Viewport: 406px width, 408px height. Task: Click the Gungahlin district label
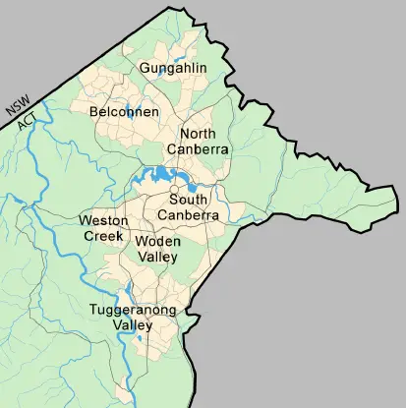[x=174, y=68]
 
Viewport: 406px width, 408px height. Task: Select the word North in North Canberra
[x=199, y=133]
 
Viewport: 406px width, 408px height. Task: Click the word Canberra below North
[x=203, y=148]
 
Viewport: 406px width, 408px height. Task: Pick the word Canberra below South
[x=193, y=214]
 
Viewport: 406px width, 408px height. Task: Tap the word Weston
[x=103, y=221]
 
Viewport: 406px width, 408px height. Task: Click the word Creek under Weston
[x=102, y=236]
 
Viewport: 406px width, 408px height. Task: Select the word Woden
[x=158, y=242]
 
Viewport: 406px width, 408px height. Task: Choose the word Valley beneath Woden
[x=157, y=257]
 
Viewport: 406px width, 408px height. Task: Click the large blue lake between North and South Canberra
[x=157, y=178]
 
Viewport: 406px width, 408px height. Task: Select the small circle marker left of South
[x=172, y=190]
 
